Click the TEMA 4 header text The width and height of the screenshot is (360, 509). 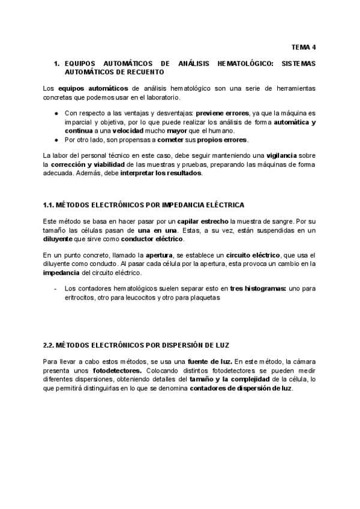tap(304, 46)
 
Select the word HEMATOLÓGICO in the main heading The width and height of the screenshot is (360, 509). tap(229, 62)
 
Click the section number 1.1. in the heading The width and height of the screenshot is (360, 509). tap(50, 205)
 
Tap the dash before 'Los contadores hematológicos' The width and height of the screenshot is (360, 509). tap(55, 288)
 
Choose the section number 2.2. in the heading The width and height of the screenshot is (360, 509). tap(50, 346)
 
